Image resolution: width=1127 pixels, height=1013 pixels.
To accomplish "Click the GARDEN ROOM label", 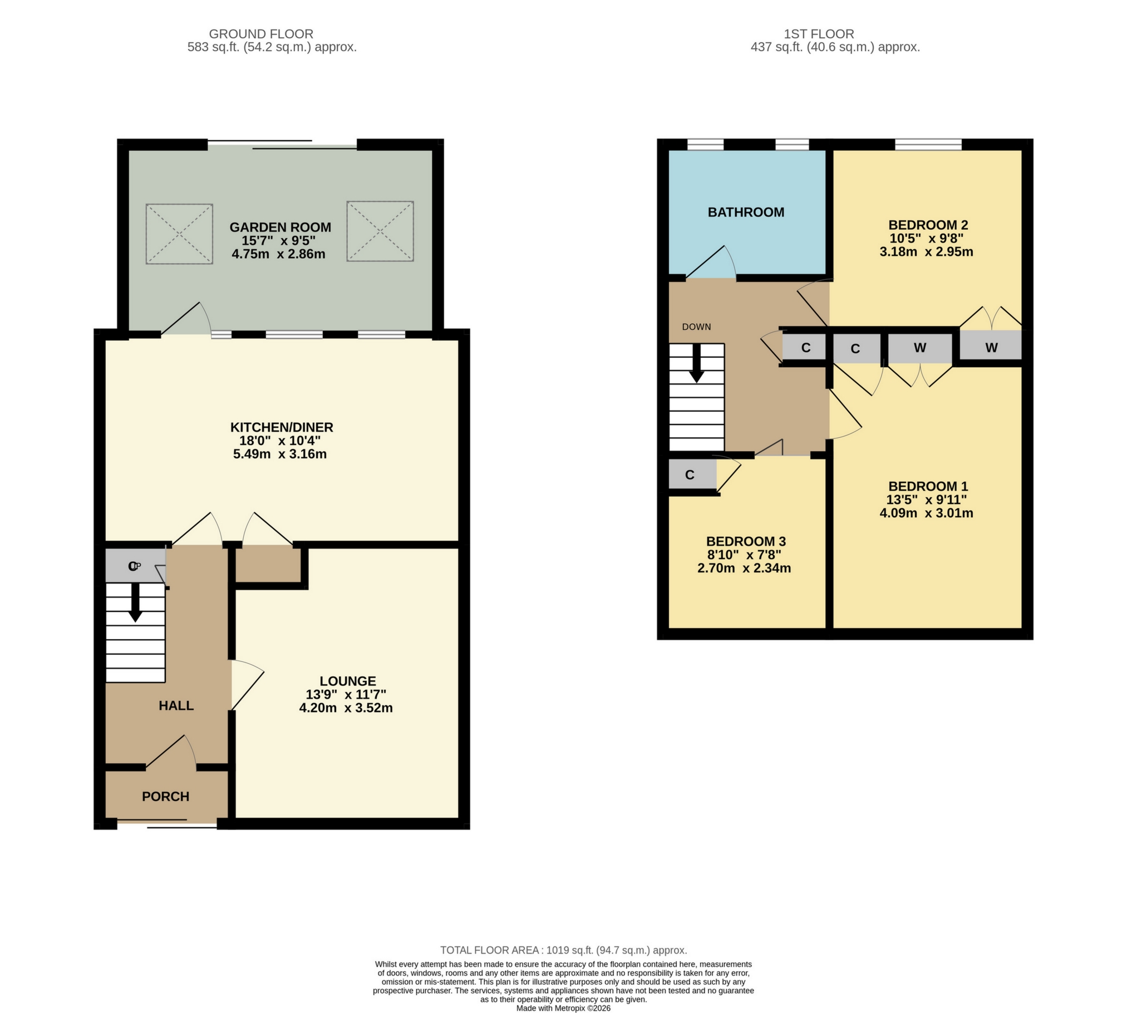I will point(280,227).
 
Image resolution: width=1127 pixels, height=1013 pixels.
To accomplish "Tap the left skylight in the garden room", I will point(179,234).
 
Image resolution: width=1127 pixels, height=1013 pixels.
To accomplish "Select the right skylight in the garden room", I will point(380,231).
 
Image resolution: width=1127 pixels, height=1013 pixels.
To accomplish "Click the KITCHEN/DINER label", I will point(282,427).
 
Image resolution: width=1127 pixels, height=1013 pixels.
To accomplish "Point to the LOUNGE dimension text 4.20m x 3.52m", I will point(346,708).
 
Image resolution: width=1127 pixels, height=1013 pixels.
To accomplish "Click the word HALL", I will point(176,706).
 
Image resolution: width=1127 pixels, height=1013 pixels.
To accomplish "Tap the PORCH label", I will point(165,797).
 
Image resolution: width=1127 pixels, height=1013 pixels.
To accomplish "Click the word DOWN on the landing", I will point(696,327).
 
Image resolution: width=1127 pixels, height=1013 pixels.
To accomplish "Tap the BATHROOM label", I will point(746,212).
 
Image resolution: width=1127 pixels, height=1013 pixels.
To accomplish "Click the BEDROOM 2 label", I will point(928,225).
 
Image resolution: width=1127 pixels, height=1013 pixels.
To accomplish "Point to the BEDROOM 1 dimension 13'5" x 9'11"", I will point(926,499).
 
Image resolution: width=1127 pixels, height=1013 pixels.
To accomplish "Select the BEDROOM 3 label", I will point(746,541).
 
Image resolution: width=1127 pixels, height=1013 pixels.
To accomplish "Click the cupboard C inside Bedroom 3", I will point(690,475).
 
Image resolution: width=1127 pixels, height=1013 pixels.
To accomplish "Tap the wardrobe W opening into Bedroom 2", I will point(991,348).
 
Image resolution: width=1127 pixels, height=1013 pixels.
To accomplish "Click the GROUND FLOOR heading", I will point(260,34).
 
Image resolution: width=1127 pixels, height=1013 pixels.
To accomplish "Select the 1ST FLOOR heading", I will point(819,34).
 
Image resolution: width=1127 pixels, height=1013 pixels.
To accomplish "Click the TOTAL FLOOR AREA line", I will point(563,950).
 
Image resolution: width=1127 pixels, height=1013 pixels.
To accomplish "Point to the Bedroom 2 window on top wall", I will point(928,145).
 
